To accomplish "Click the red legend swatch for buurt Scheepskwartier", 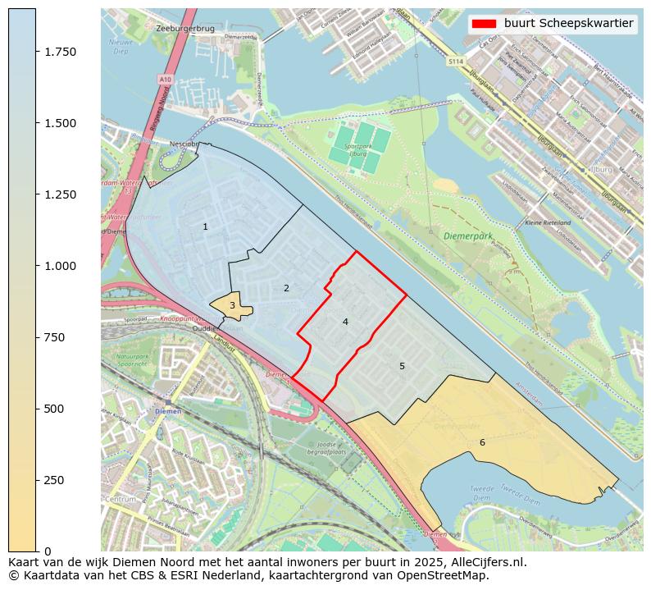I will (x=485, y=24).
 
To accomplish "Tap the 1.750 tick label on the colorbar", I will (x=60, y=52).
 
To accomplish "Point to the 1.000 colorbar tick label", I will (x=60, y=266).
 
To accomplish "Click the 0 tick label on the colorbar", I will (x=48, y=551).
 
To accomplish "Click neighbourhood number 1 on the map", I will (x=205, y=226).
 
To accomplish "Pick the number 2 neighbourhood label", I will (x=286, y=288).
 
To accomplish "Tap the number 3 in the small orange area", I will (x=232, y=305).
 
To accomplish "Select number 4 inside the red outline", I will (x=345, y=322).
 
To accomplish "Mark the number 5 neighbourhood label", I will (x=402, y=366).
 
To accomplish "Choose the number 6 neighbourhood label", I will (x=482, y=442).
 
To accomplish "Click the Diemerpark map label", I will (x=468, y=236).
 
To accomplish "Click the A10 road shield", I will (x=166, y=79).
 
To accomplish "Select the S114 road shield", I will (x=456, y=62).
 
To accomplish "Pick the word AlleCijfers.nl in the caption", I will (x=485, y=562).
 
